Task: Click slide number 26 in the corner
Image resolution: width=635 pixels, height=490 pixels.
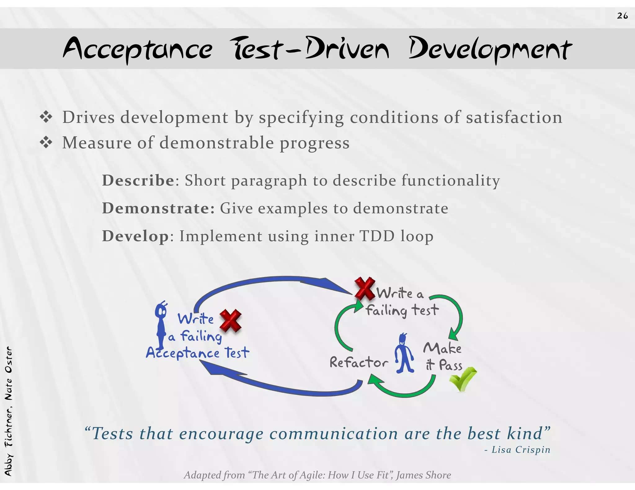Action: point(622,16)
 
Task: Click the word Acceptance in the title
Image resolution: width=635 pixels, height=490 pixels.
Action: point(138,49)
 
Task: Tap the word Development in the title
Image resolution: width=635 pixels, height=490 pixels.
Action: point(490,49)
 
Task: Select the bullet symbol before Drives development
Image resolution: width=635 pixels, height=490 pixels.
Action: point(46,117)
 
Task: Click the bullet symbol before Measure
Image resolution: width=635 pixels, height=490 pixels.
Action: point(46,143)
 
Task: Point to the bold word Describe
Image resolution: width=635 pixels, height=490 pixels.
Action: point(138,180)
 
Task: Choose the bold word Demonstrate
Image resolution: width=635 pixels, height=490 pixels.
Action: point(158,208)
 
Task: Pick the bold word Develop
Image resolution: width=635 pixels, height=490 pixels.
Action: point(135,236)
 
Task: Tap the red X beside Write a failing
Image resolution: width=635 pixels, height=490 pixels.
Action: point(230,321)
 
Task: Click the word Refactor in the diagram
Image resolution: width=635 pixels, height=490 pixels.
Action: point(358,362)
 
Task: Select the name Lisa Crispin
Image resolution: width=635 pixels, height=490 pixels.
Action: point(521,449)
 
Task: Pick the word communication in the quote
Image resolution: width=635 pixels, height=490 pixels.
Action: point(333,433)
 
